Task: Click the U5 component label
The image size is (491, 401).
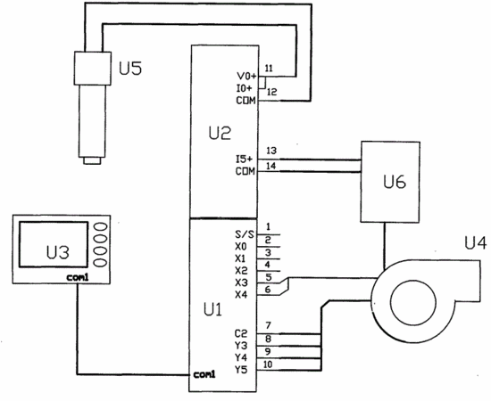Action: [130, 68]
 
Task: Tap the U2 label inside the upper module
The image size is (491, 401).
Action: [220, 133]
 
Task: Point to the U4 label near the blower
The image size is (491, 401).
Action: [476, 243]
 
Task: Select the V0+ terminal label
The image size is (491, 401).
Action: [246, 76]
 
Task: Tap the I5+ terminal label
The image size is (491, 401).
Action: [244, 160]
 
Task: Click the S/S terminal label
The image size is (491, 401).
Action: [245, 234]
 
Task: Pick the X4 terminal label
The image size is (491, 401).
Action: [241, 294]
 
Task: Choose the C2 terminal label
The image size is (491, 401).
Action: [241, 333]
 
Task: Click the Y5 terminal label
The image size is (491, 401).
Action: [241, 370]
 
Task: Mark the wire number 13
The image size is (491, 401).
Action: [271, 151]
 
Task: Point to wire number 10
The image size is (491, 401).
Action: [268, 364]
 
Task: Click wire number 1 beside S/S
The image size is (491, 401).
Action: [268, 226]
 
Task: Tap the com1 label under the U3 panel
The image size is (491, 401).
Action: [78, 277]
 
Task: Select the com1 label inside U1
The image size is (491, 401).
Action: [204, 374]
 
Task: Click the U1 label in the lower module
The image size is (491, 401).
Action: [213, 309]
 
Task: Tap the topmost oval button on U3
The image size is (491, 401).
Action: [101, 226]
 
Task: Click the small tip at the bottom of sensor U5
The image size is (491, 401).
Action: [92, 161]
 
